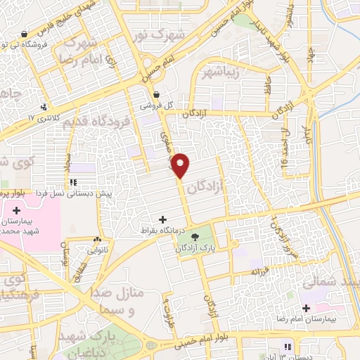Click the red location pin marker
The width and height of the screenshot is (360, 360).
tap(181, 165)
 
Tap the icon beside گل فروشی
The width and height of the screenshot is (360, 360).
tap(155, 95)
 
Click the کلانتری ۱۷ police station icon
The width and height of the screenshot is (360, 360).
tap(46, 108)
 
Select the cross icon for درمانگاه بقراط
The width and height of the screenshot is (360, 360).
tap(163, 220)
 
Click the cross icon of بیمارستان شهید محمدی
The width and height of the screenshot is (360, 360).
tap(15, 210)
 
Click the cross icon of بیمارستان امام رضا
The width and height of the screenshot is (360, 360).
tap(306, 307)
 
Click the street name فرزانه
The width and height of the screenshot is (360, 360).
tap(262, 270)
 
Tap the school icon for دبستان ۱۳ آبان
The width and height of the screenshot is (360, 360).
tap(287, 347)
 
